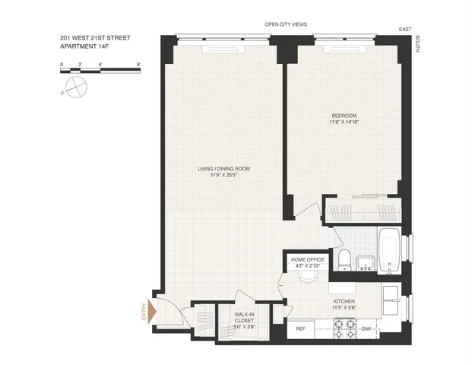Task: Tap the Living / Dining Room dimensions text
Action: pyautogui.click(x=223, y=176)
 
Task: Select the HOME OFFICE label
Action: pyautogui.click(x=308, y=259)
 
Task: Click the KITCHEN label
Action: pyautogui.click(x=344, y=301)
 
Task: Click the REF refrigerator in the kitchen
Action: pyautogui.click(x=300, y=329)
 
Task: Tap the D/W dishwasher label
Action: pyautogui.click(x=366, y=329)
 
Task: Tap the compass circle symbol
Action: pyautogui.click(x=74, y=87)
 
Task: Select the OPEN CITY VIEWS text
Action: pyautogui.click(x=286, y=24)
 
